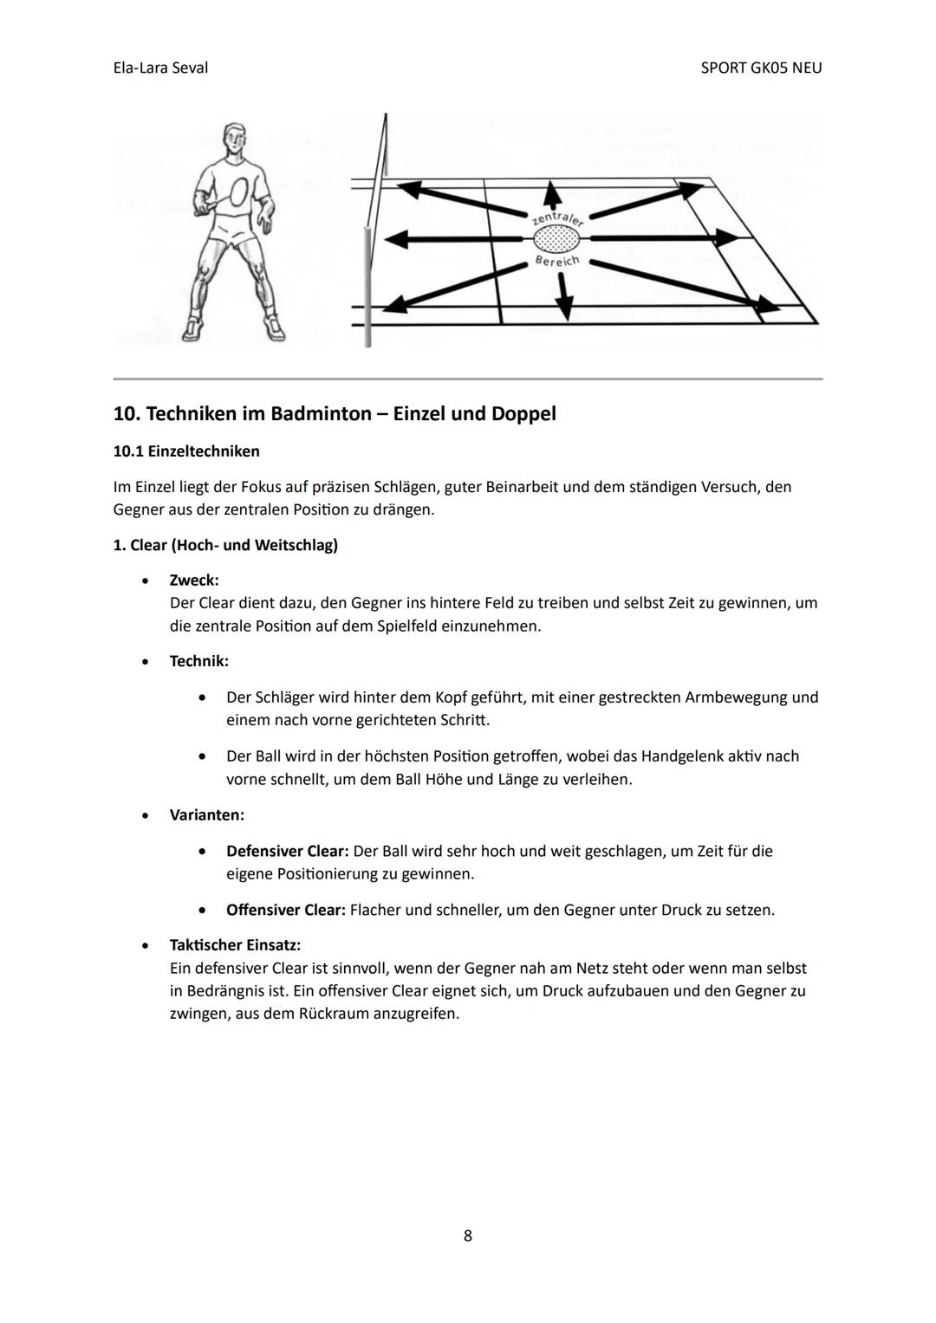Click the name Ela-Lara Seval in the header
[160, 68]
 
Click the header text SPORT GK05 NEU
[761, 68]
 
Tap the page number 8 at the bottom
[468, 1235]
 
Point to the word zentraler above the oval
[557, 216]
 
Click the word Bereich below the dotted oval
[557, 260]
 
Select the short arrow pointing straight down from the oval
[564, 295]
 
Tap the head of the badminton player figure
[233, 139]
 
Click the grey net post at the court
[367, 286]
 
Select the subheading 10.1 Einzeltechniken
[186, 451]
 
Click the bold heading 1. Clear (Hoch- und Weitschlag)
[225, 545]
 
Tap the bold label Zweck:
[194, 580]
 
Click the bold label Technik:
[199, 661]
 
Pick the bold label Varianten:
[206, 815]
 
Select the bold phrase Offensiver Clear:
[285, 910]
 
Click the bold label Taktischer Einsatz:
[235, 944]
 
